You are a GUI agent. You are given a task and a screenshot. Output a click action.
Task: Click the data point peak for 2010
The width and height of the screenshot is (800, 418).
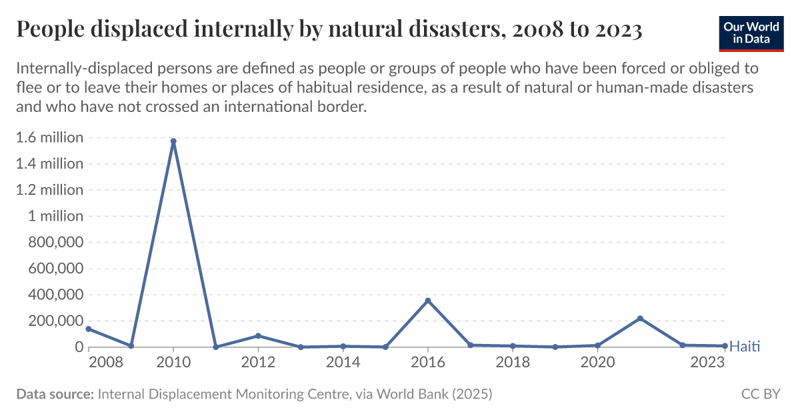[x=173, y=141]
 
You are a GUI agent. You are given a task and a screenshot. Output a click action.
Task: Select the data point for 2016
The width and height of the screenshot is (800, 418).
[x=428, y=301]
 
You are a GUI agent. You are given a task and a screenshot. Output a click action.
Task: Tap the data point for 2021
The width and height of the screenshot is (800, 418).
[x=640, y=319]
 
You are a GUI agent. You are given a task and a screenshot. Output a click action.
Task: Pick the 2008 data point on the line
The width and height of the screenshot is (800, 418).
[x=89, y=329]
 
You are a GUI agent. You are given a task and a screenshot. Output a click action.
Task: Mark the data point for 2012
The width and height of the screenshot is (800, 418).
[x=258, y=335]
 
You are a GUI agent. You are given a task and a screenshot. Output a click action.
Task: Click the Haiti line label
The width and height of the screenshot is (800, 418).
[x=745, y=346]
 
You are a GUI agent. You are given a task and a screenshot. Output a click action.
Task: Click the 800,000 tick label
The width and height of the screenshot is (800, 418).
[x=55, y=243]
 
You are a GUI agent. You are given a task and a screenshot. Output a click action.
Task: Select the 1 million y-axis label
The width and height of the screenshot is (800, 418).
[x=55, y=216]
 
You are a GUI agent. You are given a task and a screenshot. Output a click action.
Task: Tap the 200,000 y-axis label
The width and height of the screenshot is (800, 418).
[x=55, y=321]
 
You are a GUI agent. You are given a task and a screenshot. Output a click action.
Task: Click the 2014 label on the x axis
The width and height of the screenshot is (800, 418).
[x=343, y=362]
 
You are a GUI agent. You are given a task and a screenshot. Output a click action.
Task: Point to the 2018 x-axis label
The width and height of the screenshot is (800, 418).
[x=513, y=362]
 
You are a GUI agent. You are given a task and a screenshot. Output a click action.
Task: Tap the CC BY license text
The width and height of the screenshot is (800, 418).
[x=760, y=394]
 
